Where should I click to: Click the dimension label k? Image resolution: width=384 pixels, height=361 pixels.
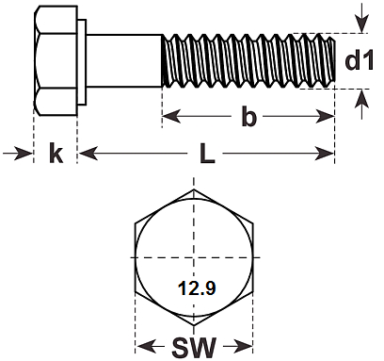click(56, 153)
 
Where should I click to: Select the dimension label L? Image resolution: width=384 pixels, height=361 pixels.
click(207, 154)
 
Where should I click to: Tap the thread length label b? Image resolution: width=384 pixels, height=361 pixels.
click(248, 116)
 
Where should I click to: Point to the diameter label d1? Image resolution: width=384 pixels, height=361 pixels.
click(359, 60)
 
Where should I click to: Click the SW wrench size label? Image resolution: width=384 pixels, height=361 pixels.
click(194, 348)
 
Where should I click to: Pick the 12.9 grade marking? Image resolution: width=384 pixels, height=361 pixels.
click(197, 288)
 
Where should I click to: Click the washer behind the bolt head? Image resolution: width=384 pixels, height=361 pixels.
click(82, 62)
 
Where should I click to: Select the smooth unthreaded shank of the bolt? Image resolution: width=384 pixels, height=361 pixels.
click(124, 60)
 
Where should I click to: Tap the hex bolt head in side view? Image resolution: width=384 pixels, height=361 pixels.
click(56, 60)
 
